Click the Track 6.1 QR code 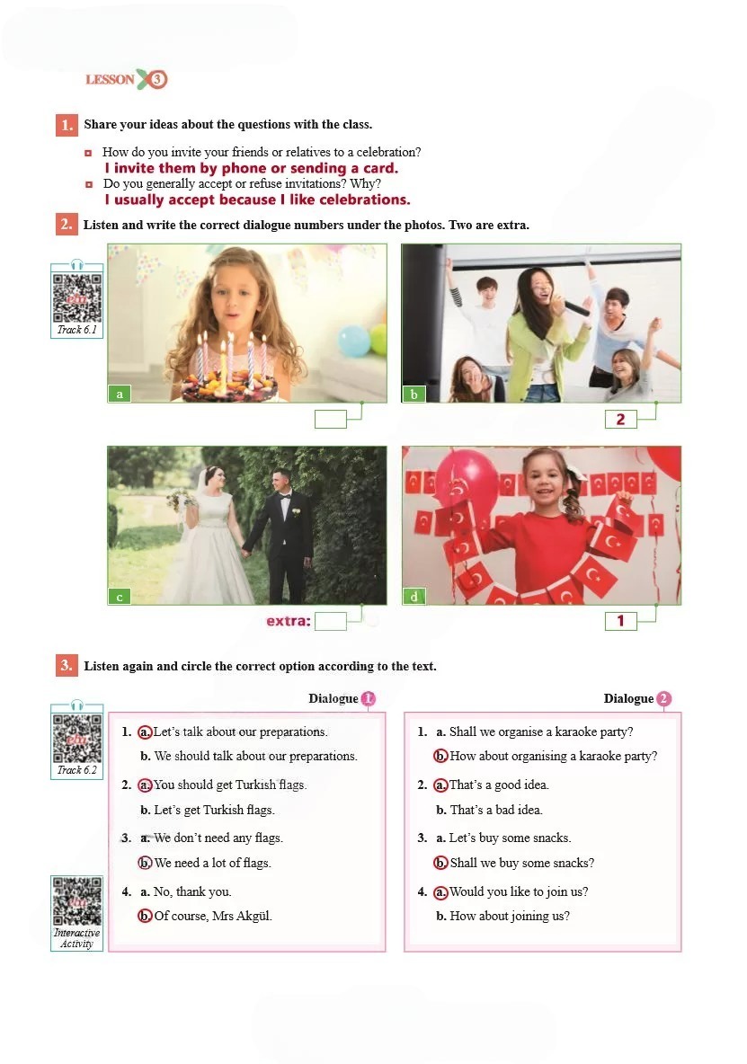click(77, 297)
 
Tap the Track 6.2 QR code click(77, 739)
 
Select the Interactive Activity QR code click(77, 901)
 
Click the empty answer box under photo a click(331, 419)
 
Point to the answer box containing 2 click(621, 420)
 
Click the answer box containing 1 click(621, 621)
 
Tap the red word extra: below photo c click(289, 621)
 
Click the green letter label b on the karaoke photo click(414, 395)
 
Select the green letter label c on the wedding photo click(120, 597)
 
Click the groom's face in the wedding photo click(280, 483)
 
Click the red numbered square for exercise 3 click(67, 665)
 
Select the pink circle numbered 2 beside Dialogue click(663, 698)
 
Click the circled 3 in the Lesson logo click(157, 79)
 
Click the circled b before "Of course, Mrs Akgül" click(145, 916)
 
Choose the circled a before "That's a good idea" click(440, 785)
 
